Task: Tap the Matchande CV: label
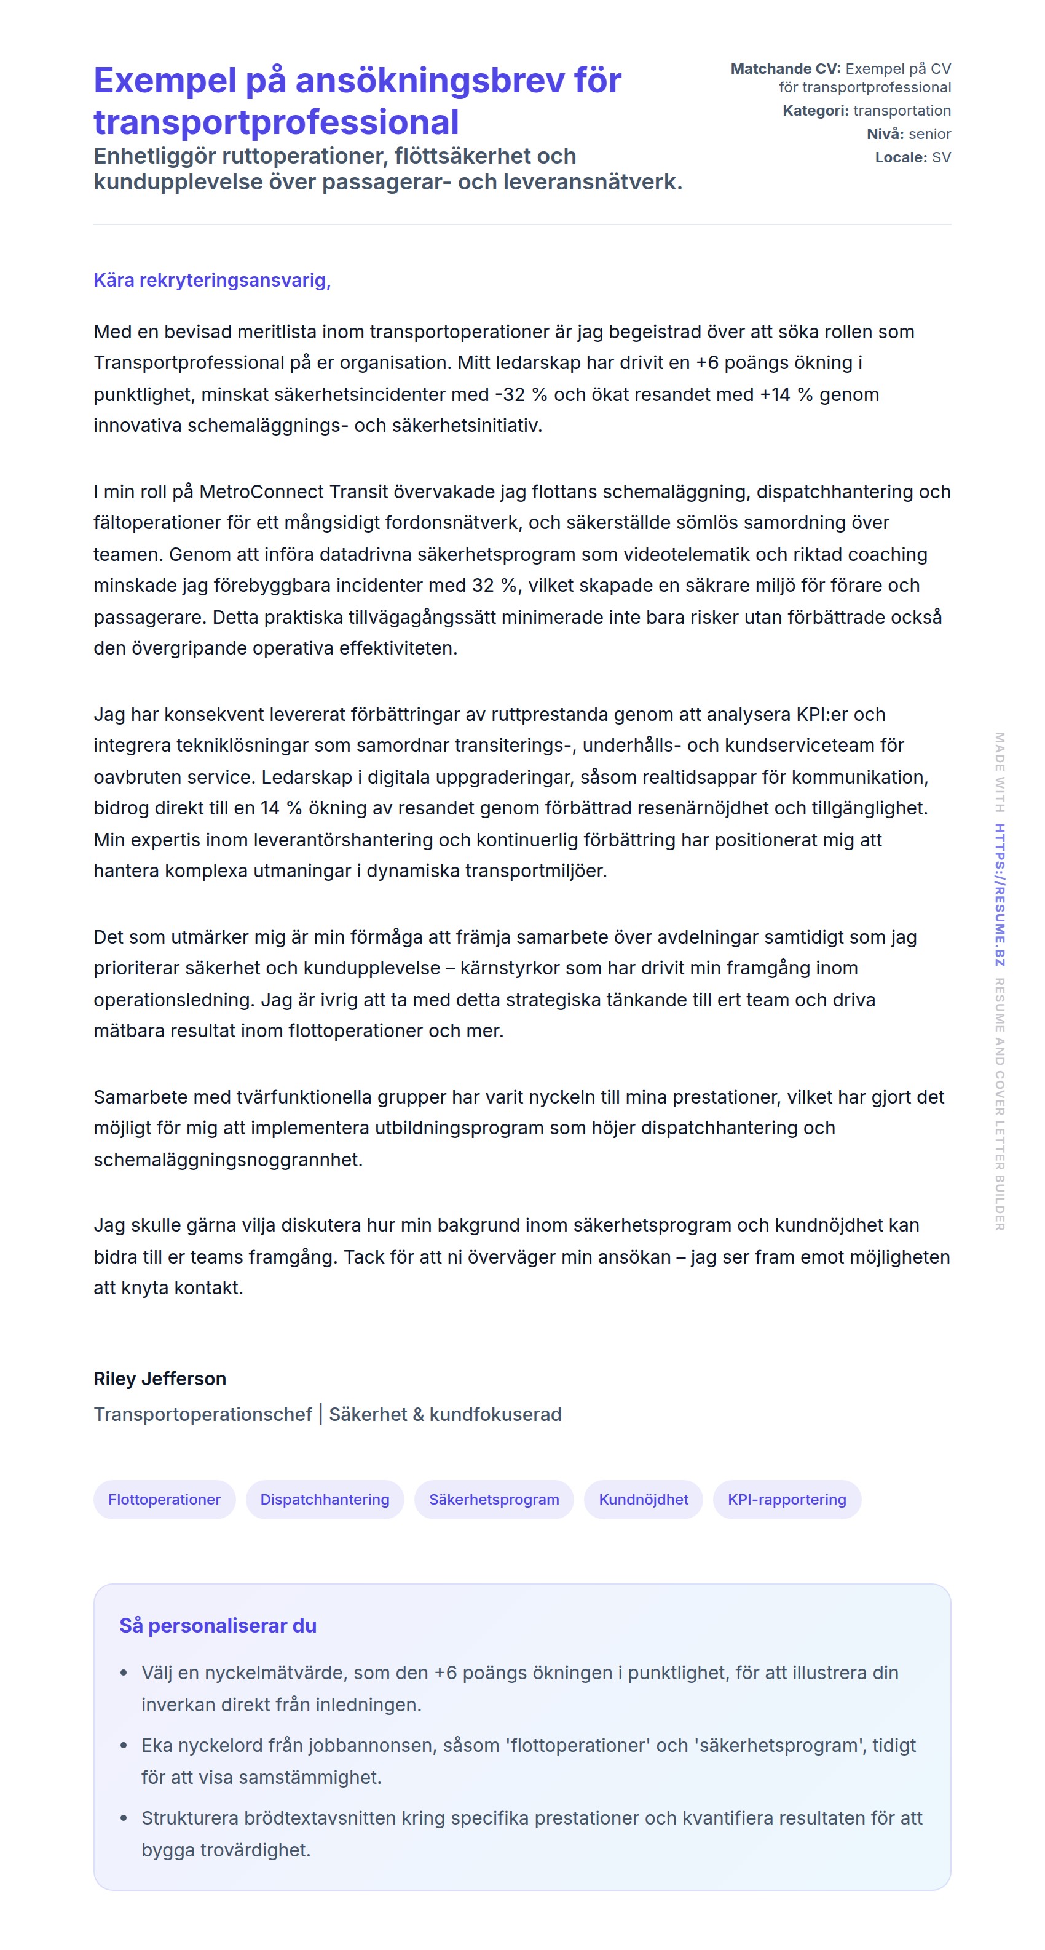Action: pyautogui.click(x=785, y=69)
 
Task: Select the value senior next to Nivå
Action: pyautogui.click(x=929, y=134)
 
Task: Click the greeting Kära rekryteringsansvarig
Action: pyautogui.click(x=212, y=280)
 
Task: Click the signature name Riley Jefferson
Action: pyautogui.click(x=160, y=1379)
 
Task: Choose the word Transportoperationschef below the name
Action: pyautogui.click(x=203, y=1414)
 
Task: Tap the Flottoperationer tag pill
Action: pyautogui.click(x=164, y=1500)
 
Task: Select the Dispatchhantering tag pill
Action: pyautogui.click(x=325, y=1500)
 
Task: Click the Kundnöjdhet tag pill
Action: pyautogui.click(x=643, y=1500)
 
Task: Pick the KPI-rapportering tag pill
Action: pyautogui.click(x=786, y=1500)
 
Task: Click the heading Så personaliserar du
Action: pyautogui.click(x=218, y=1626)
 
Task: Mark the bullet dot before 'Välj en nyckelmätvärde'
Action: pyautogui.click(x=124, y=1673)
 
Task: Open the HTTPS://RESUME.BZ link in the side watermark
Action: pyautogui.click(x=1000, y=895)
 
